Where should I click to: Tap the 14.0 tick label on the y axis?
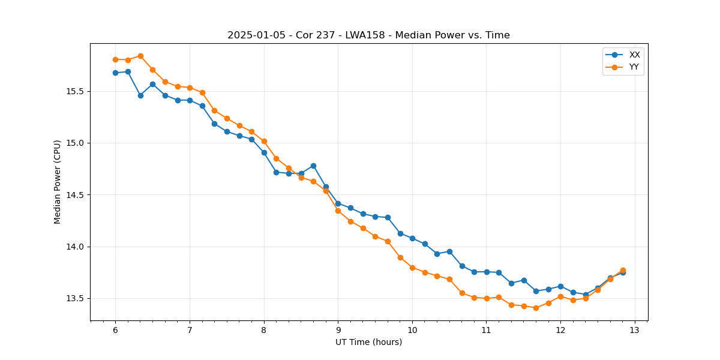point(77,247)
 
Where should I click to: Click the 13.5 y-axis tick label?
point(77,298)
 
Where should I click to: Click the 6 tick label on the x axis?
point(115,330)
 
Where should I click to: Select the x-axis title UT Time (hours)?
point(368,342)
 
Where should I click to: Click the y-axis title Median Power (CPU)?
point(58,182)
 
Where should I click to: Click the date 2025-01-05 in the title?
point(254,35)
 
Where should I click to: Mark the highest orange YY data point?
point(140,56)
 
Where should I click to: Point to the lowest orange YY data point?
point(536,308)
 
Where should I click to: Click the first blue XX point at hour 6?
point(115,73)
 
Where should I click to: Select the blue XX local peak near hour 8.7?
point(313,166)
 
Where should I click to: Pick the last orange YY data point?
point(623,270)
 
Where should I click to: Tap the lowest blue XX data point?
point(586,295)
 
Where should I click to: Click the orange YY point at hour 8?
point(264,141)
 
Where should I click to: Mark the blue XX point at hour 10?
point(412,238)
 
